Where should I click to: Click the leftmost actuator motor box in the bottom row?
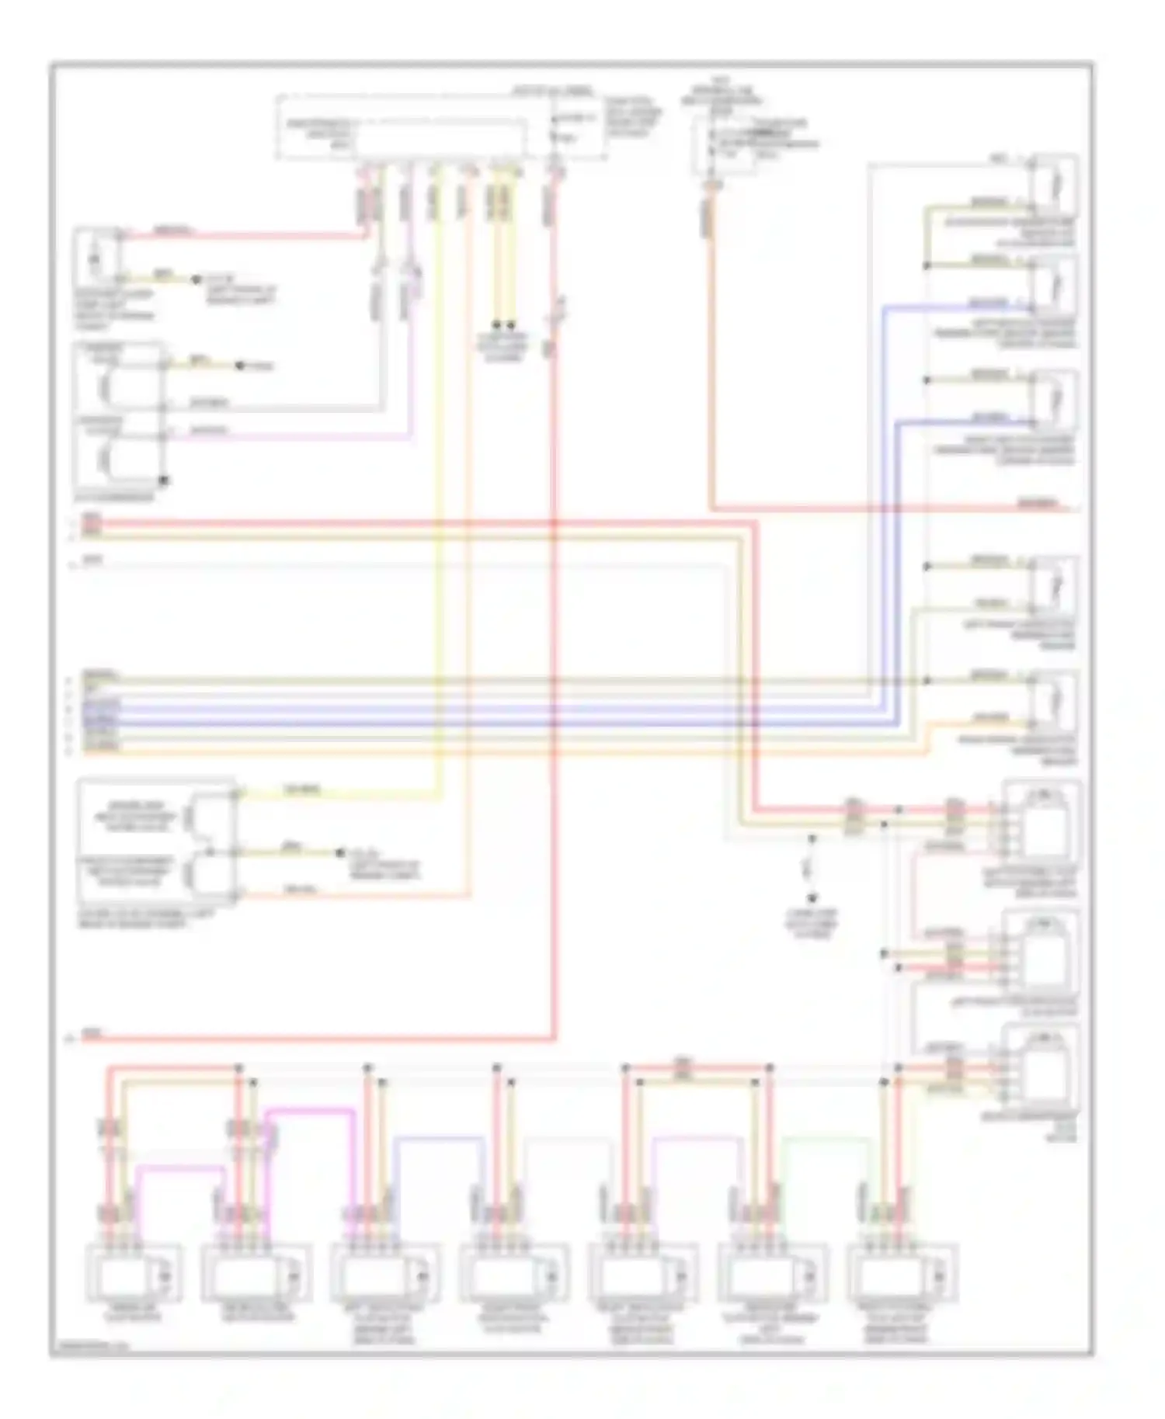[134, 1273]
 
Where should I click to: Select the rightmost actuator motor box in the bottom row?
[902, 1273]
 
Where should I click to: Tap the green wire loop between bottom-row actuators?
[825, 1138]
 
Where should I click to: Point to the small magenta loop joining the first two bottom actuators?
[179, 1166]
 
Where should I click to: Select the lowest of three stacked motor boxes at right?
[1041, 1065]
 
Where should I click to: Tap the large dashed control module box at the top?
[441, 128]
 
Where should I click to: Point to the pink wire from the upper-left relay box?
[241, 233]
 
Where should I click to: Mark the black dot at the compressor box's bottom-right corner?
[163, 481]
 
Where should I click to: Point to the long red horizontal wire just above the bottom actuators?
[311, 1037]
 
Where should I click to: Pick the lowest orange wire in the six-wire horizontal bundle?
[466, 751]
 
